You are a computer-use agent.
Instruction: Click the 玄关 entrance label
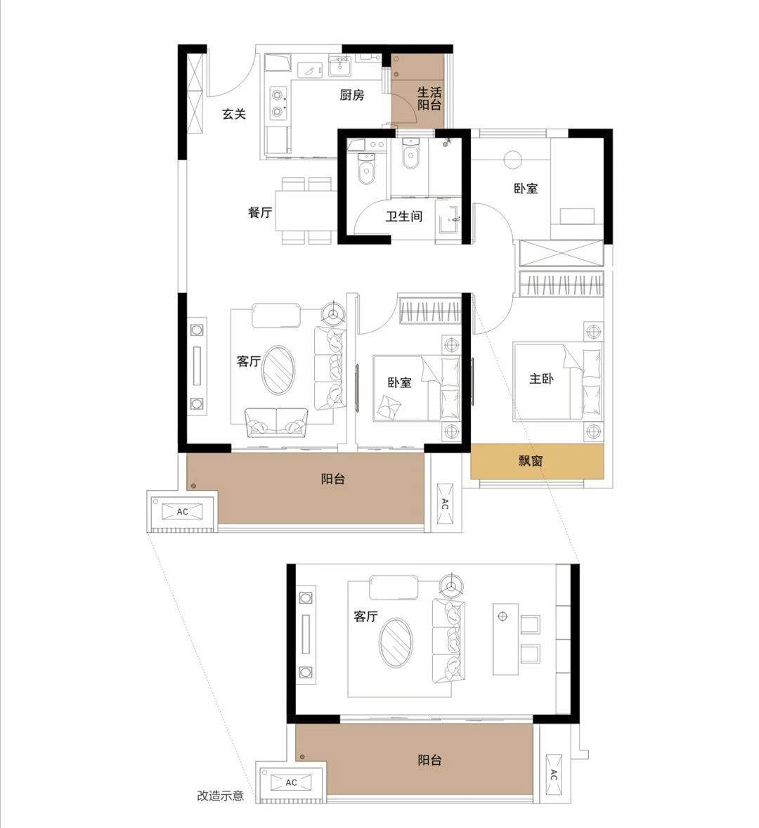tap(234, 114)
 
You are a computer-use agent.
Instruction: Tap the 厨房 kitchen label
tap(351, 95)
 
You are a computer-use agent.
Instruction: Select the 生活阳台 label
tap(429, 98)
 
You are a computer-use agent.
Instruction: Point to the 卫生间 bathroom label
tap(404, 216)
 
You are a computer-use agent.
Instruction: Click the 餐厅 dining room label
tap(260, 212)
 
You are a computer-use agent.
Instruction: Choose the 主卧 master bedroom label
tap(542, 379)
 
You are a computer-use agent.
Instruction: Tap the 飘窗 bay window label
tap(531, 461)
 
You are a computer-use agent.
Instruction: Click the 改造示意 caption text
tap(221, 795)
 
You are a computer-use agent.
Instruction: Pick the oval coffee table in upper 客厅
tap(279, 370)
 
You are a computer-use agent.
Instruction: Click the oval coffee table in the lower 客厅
tap(396, 642)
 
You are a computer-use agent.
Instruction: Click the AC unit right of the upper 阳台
tap(444, 504)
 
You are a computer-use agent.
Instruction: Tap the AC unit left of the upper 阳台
tap(182, 512)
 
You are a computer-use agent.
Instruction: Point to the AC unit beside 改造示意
tap(291, 782)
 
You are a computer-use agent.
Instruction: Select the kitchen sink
tap(339, 67)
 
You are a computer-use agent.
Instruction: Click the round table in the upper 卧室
tap(512, 160)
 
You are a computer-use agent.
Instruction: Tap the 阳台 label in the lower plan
tap(429, 760)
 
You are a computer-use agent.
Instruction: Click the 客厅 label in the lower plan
tap(365, 616)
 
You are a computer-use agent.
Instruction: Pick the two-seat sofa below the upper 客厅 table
tap(276, 422)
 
